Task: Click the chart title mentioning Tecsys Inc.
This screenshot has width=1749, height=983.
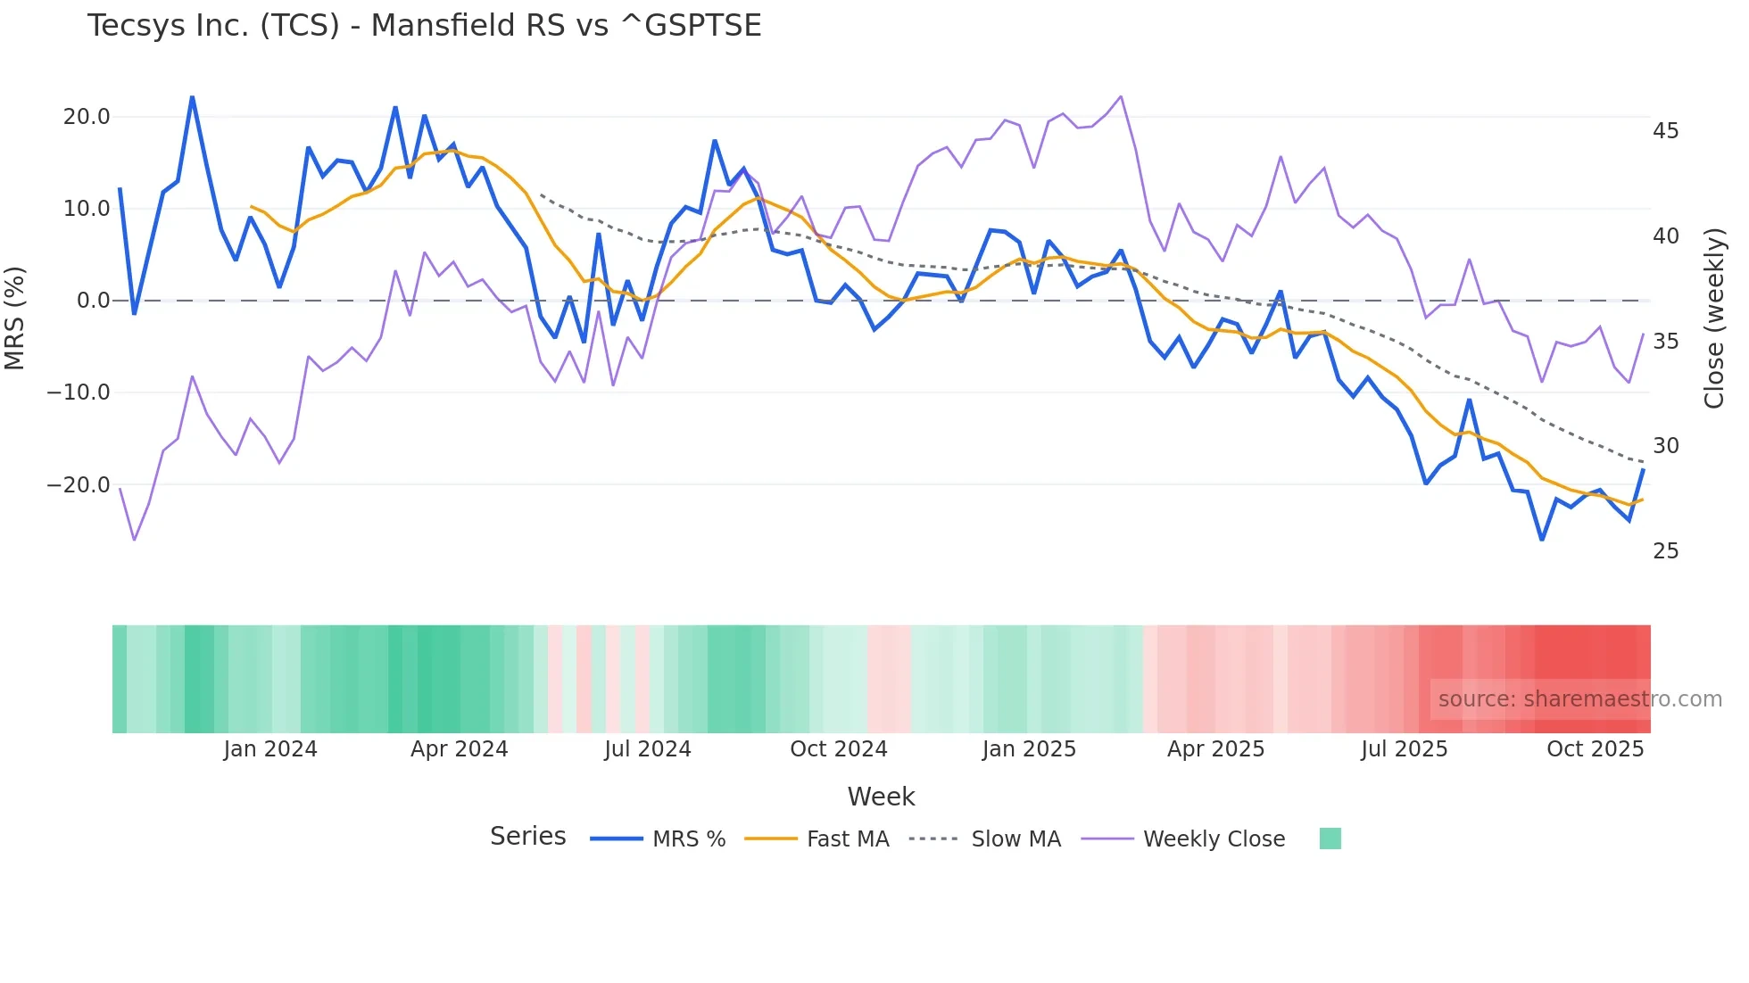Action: tap(424, 25)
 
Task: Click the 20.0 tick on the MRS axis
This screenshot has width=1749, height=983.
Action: tap(87, 117)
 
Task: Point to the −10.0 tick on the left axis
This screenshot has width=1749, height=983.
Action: tap(79, 392)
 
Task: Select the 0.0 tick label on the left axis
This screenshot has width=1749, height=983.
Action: tap(93, 301)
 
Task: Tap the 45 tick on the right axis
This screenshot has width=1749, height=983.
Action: tap(1665, 131)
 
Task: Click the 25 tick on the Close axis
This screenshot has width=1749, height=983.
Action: tap(1665, 551)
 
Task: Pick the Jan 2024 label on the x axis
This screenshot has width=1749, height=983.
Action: tap(270, 749)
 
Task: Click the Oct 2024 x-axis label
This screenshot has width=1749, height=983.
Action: tap(839, 749)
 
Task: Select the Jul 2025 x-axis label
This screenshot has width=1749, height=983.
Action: tap(1404, 749)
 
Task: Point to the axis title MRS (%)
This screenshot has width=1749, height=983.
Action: tap(15, 318)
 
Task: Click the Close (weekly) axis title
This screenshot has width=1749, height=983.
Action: tap(1714, 318)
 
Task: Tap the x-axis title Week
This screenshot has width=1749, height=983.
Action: tap(881, 797)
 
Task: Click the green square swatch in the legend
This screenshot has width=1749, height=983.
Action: tap(1330, 838)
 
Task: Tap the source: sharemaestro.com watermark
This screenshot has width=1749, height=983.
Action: tap(1579, 699)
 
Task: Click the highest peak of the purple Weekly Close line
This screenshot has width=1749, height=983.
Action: tap(1121, 96)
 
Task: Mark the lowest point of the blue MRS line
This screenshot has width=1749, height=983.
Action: tap(1541, 540)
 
